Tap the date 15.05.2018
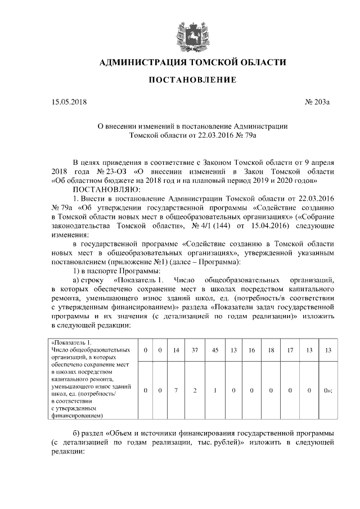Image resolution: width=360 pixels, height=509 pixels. click(69, 103)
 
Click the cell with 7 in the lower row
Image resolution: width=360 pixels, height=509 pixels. click(175, 390)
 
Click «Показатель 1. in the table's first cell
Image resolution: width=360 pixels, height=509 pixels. click(71, 342)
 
